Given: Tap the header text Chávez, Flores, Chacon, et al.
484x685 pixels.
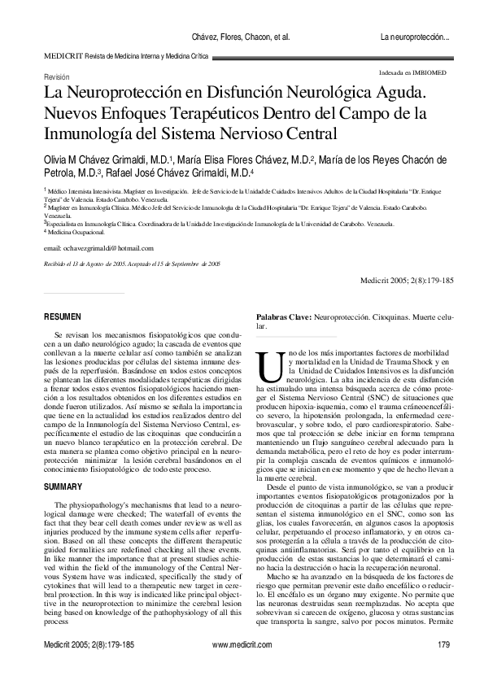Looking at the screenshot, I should tap(239, 37).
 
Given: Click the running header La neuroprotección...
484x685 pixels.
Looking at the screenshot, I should tap(415, 37).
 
